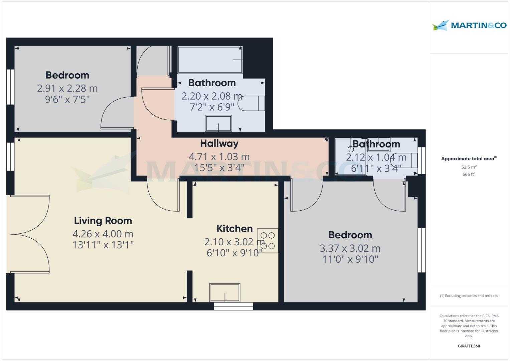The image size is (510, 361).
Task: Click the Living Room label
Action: pyautogui.click(x=103, y=221)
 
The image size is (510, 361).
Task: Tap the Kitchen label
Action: pyautogui.click(x=234, y=229)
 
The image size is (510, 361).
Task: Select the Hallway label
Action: pyautogui.click(x=219, y=143)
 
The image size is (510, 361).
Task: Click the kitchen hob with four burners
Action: pyautogui.click(x=268, y=241)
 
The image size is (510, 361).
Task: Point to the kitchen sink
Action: pyautogui.click(x=225, y=292)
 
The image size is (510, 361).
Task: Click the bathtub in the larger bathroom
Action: pyautogui.click(x=210, y=60)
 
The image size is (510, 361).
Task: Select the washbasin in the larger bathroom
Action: pyautogui.click(x=218, y=123)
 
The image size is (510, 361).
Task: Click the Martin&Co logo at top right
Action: pyautogui.click(x=469, y=25)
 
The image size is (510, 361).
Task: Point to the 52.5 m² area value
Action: pyautogui.click(x=469, y=167)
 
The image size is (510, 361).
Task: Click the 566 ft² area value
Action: pyautogui.click(x=469, y=174)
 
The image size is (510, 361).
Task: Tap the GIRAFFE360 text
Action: pyautogui.click(x=469, y=346)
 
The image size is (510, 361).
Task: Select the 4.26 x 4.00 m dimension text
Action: pyautogui.click(x=103, y=234)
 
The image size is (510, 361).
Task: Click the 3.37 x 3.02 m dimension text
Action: pyautogui.click(x=350, y=248)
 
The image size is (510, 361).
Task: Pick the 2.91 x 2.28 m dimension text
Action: pyautogui.click(x=67, y=89)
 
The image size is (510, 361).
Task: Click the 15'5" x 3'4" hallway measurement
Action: pyautogui.click(x=219, y=167)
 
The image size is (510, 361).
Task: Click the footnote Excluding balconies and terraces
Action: pyautogui.click(x=469, y=296)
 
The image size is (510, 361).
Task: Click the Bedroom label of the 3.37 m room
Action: pyautogui.click(x=350, y=235)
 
